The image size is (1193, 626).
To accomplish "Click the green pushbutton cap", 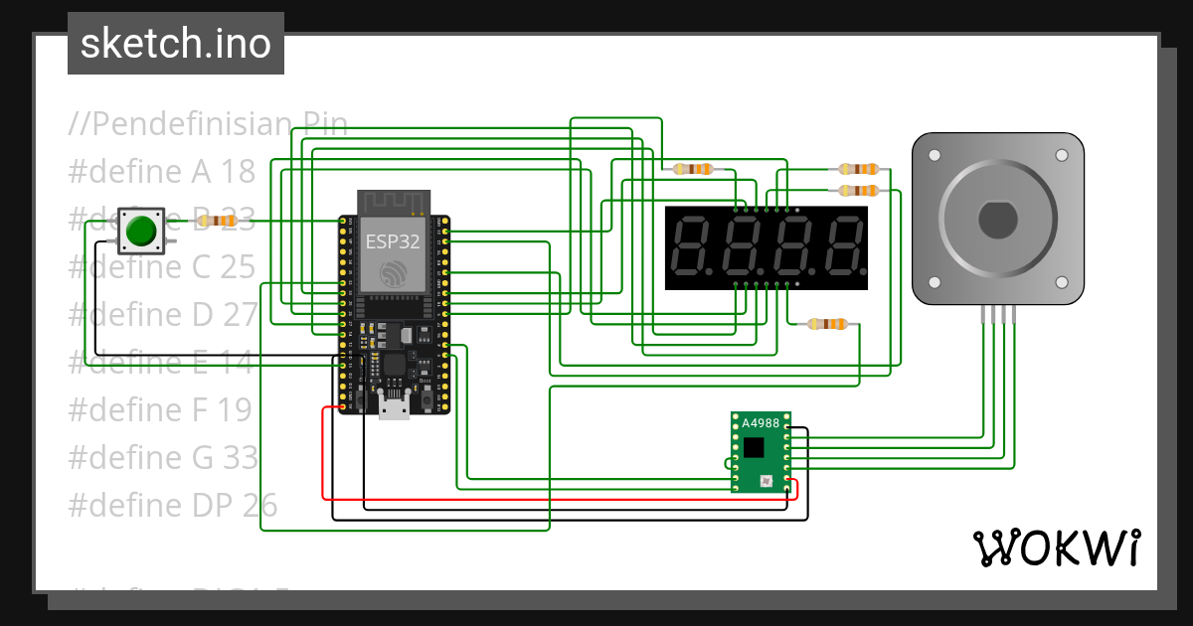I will tap(141, 230).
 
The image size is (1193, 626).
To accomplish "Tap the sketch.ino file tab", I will tap(176, 44).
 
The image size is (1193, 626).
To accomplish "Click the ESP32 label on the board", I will tap(393, 241).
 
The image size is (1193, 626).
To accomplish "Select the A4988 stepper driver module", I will tap(761, 452).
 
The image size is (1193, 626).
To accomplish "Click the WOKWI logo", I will tap(1056, 548).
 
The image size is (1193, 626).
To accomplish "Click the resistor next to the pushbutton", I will tap(218, 221).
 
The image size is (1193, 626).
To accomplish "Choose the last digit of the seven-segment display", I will tap(844, 247).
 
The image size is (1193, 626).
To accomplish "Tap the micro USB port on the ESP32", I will tap(394, 407).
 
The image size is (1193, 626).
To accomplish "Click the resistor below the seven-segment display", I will tap(828, 324).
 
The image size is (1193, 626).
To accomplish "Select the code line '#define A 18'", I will tap(161, 172).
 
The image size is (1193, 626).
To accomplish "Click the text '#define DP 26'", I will tap(172, 506).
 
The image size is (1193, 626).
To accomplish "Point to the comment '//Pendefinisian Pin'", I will tap(208, 124).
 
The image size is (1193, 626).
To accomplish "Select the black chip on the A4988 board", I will tap(755, 447).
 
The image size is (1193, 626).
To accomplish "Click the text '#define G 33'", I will tap(162, 458).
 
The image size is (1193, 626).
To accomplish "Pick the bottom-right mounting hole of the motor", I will tap(1062, 282).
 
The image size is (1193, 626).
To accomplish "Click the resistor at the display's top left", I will tap(694, 169).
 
